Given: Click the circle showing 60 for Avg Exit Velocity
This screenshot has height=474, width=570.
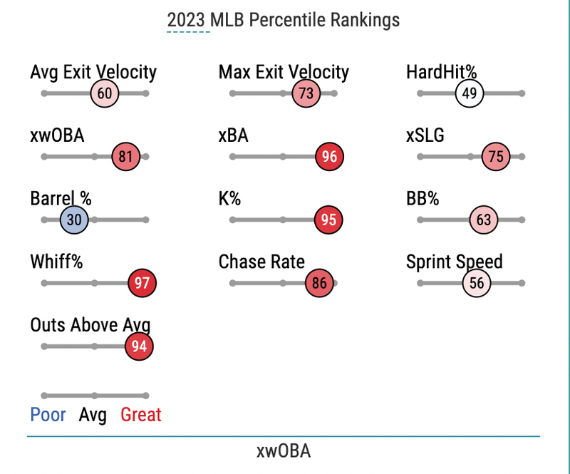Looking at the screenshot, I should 105,93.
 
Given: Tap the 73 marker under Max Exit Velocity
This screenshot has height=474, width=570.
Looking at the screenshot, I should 306,93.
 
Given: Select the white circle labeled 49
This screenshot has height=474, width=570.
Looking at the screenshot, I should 470,93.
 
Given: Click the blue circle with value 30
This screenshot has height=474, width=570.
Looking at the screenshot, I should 74,220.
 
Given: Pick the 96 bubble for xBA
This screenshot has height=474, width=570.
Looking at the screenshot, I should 329,157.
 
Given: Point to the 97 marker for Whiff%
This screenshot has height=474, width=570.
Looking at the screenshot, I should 142,284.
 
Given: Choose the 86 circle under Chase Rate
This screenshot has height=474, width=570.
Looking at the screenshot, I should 319,284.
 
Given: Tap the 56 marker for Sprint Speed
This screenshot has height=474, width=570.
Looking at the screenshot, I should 477,284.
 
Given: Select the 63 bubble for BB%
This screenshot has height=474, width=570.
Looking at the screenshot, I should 484,220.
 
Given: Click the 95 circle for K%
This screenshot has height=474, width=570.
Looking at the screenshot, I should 328,220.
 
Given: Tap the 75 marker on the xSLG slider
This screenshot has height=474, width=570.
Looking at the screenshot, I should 496,157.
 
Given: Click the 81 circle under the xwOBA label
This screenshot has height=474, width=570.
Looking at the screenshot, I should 126,157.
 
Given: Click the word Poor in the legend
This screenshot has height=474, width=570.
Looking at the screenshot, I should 48,415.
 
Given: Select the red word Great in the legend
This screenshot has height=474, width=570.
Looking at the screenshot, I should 141,415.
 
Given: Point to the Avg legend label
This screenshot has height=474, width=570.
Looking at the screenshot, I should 93,415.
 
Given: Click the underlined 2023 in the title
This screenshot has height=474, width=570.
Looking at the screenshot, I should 187,20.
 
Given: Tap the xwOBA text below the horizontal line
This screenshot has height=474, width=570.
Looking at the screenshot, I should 284,451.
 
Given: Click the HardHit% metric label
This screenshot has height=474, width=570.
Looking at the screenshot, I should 441,72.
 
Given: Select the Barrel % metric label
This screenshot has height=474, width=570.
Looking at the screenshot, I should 61,199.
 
